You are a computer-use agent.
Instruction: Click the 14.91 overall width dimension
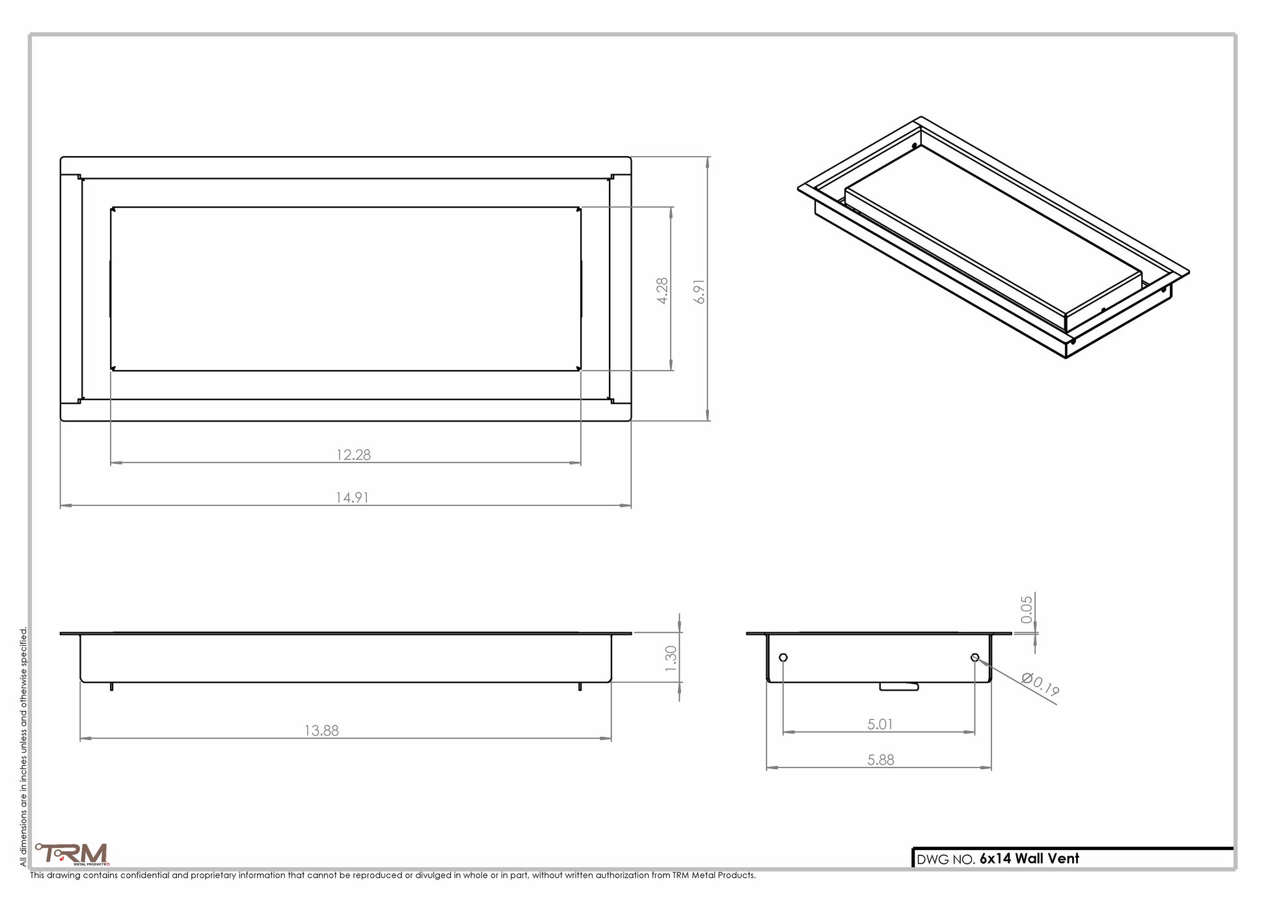352,498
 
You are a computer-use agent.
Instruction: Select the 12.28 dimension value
353,455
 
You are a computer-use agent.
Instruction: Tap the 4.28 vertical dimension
662,291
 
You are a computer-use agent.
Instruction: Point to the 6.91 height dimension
699,291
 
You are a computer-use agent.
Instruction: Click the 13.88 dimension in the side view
321,730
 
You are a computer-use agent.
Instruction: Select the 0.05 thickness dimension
1027,609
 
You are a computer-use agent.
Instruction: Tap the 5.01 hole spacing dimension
880,724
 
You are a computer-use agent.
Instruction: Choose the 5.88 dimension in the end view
880,760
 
